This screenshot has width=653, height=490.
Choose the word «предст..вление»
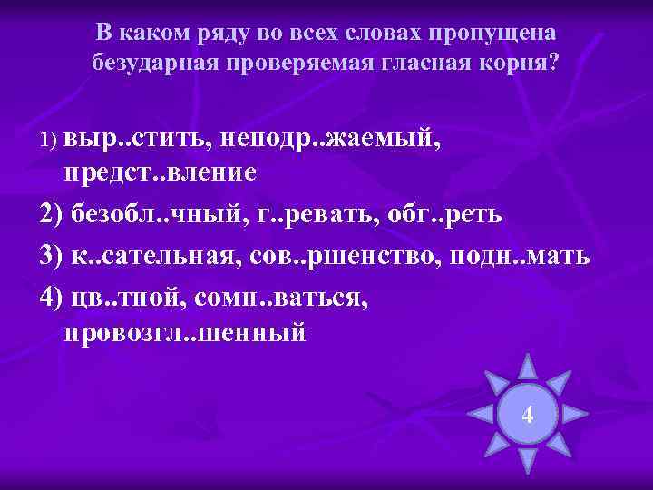[161, 172]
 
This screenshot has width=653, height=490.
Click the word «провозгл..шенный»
[185, 333]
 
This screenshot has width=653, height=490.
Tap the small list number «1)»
[49, 142]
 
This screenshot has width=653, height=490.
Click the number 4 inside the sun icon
[528, 416]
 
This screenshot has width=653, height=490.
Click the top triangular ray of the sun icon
[528, 367]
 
